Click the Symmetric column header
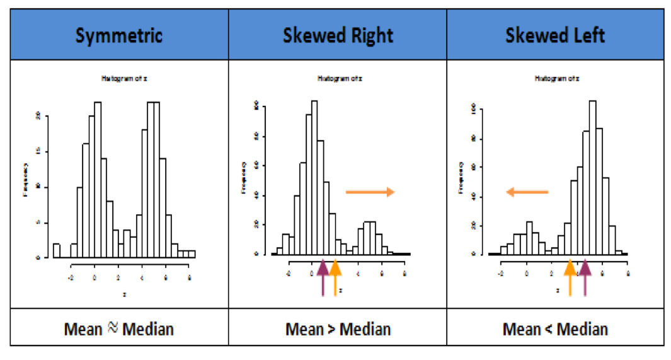tap(119, 35)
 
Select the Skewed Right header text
tap(337, 35)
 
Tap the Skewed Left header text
tap(555, 35)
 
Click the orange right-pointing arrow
tap(370, 192)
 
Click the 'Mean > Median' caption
tap(338, 328)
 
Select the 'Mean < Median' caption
tap(555, 328)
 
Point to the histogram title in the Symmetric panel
tap(125, 79)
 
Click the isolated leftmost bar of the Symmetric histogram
tap(56, 250)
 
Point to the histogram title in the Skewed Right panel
tap(339, 79)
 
